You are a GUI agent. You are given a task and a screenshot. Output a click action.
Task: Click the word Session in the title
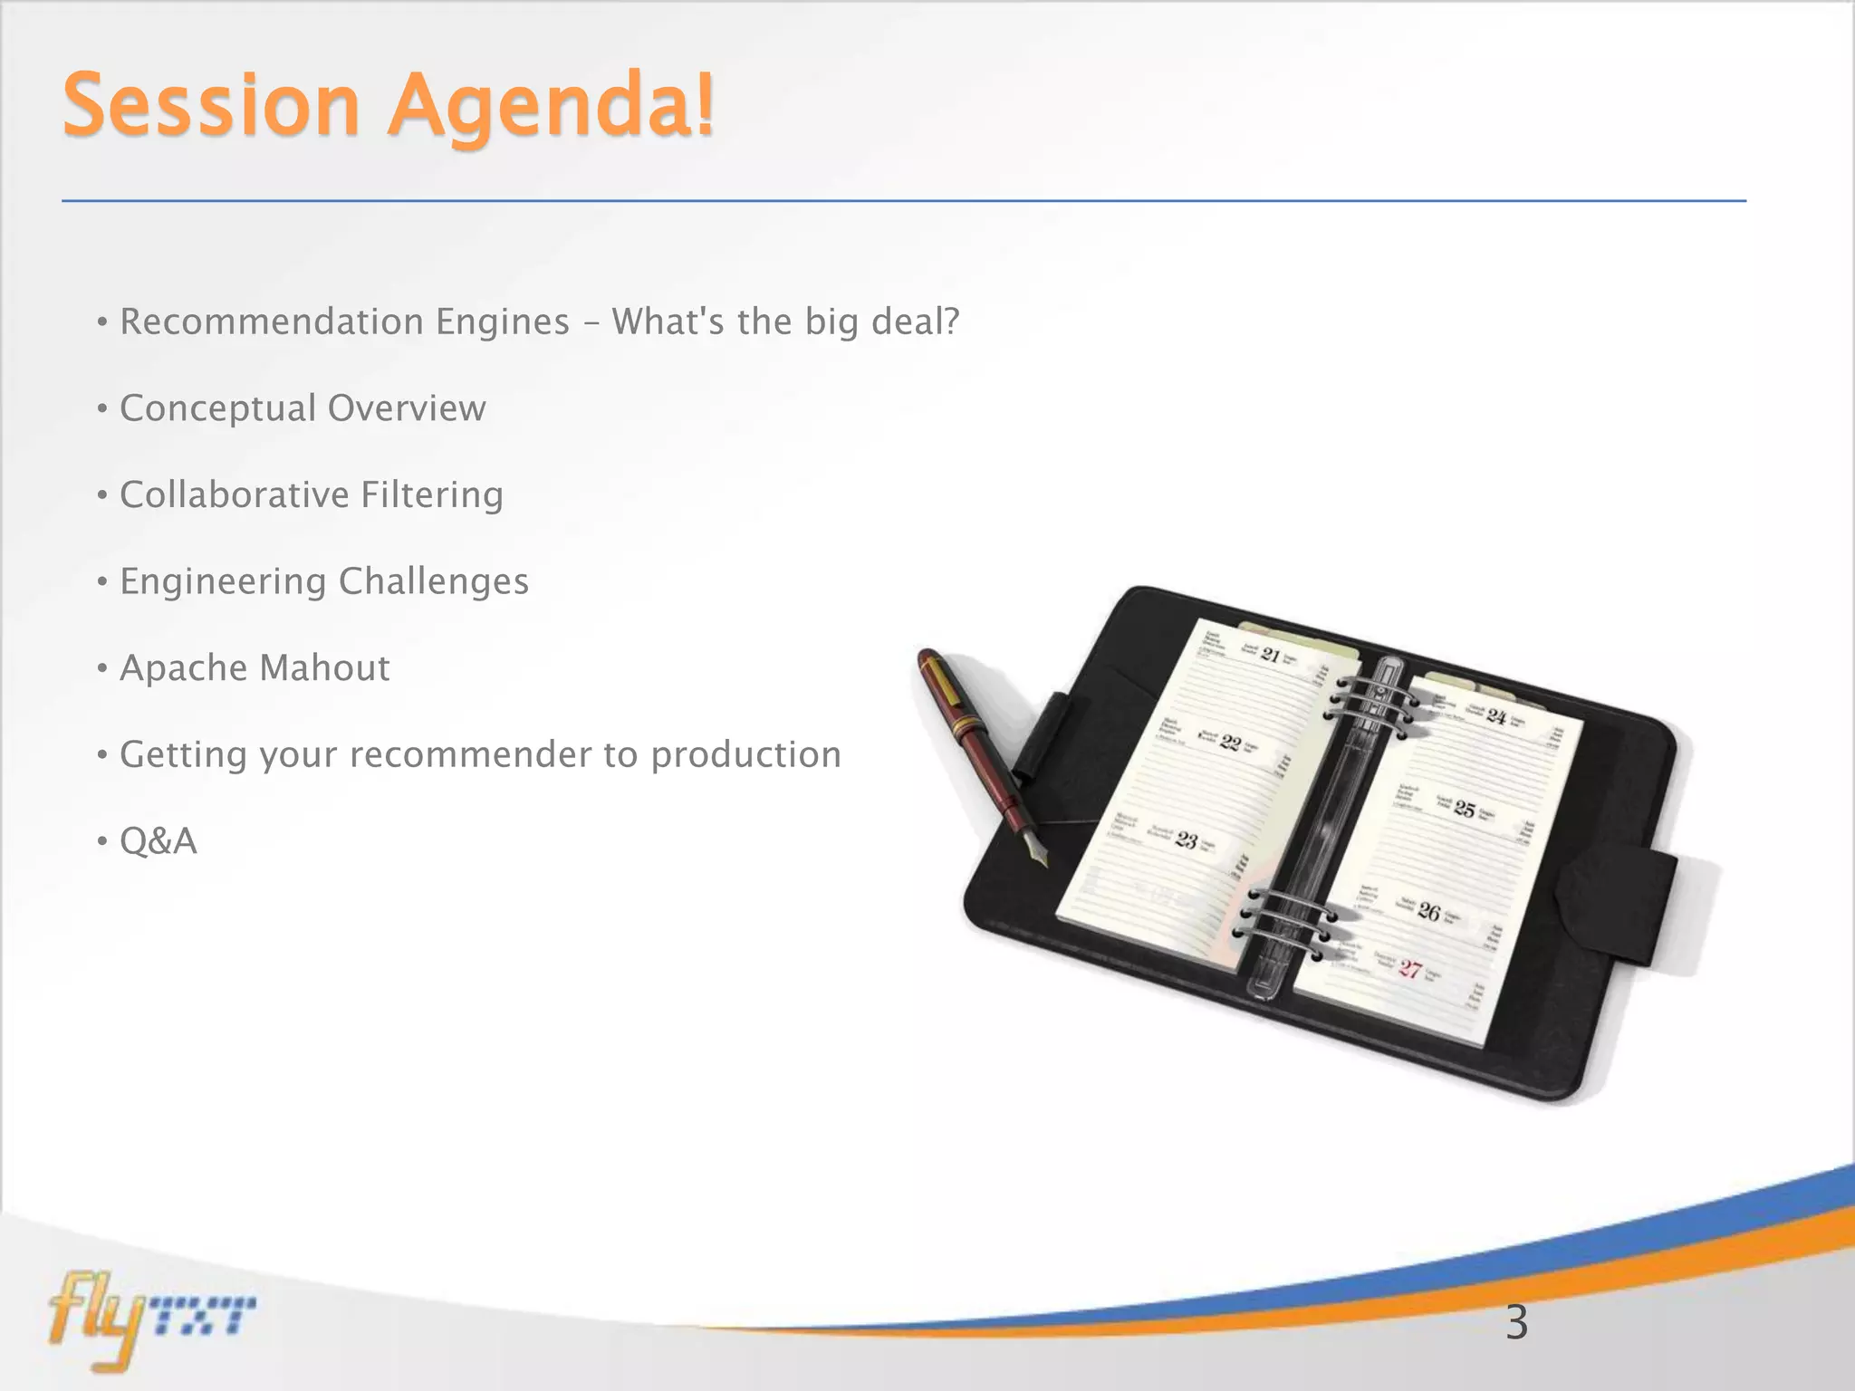coord(211,107)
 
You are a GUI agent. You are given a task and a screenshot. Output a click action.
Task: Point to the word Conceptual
coord(217,408)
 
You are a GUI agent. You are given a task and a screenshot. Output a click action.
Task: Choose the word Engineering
coord(222,582)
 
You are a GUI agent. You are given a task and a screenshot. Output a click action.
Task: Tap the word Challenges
coord(434,582)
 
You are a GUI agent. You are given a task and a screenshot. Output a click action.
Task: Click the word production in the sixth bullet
coord(746,755)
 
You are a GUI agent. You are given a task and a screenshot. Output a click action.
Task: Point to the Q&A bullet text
coord(159,841)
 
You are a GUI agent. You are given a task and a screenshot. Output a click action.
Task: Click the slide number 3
coord(1516,1323)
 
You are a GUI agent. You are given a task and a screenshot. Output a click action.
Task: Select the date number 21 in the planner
coord(1272,655)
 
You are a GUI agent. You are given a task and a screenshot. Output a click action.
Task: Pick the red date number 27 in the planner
coord(1410,969)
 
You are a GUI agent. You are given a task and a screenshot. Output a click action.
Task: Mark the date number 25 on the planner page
coord(1465,809)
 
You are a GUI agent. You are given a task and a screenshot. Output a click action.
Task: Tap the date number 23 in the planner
coord(1187,839)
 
